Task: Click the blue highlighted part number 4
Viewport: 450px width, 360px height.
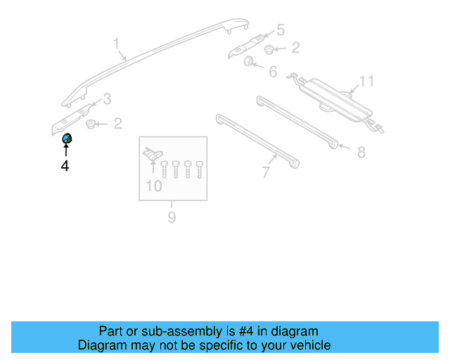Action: tap(67, 138)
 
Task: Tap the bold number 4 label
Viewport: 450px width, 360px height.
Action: tap(65, 167)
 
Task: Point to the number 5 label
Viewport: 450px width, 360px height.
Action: tap(281, 30)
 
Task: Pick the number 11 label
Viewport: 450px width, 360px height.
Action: tap(366, 82)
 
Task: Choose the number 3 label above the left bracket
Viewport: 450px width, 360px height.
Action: tap(107, 98)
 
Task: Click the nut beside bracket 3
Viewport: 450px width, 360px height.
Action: tap(91, 124)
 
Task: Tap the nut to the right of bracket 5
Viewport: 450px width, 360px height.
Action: tap(271, 49)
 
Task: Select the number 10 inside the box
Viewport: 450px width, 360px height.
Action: tap(153, 186)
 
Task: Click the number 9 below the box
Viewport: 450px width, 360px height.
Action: tap(172, 218)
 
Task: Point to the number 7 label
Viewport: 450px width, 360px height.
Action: tap(266, 172)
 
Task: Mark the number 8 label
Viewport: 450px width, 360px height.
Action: tap(361, 152)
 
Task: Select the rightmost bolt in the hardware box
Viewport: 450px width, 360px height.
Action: tap(200, 169)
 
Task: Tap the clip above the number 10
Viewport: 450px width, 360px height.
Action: tap(152, 153)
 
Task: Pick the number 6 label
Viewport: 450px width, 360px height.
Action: tap(273, 72)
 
